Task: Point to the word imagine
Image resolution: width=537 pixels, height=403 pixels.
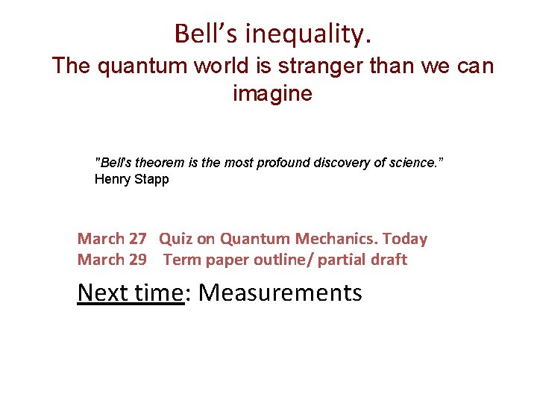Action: click(272, 94)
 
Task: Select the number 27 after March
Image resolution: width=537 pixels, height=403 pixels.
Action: click(137, 240)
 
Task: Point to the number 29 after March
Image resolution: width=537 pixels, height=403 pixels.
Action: click(137, 260)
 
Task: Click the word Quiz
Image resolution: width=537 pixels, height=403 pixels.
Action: click(176, 240)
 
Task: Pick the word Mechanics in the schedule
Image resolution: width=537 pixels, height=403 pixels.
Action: click(337, 240)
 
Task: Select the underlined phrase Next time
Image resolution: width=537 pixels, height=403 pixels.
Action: click(130, 293)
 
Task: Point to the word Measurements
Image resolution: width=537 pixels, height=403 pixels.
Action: click(280, 293)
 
